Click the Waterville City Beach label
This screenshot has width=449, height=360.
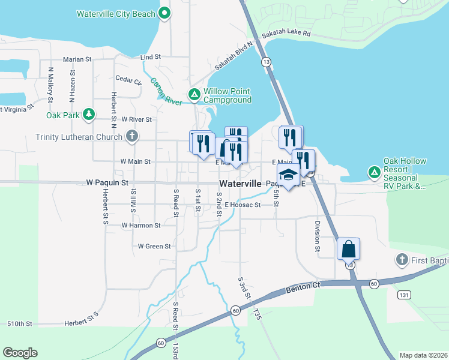(x=116, y=13)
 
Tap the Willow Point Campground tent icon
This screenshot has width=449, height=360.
(x=194, y=95)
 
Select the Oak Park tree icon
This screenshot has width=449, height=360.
(x=89, y=114)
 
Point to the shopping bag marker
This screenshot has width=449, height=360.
(x=349, y=248)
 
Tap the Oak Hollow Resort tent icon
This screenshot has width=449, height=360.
(x=374, y=173)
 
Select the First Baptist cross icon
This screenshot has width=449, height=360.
(x=402, y=260)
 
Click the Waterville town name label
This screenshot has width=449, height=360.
(x=240, y=184)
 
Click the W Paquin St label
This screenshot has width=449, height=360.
(x=107, y=182)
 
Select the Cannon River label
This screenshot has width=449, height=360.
(x=166, y=92)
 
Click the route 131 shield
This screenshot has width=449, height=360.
(x=404, y=295)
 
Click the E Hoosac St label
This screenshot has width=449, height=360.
(x=243, y=205)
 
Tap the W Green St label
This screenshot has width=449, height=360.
(x=154, y=246)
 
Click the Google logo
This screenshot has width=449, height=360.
(x=20, y=353)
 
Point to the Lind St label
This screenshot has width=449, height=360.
(x=151, y=57)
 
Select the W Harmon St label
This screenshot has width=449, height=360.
(x=141, y=226)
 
